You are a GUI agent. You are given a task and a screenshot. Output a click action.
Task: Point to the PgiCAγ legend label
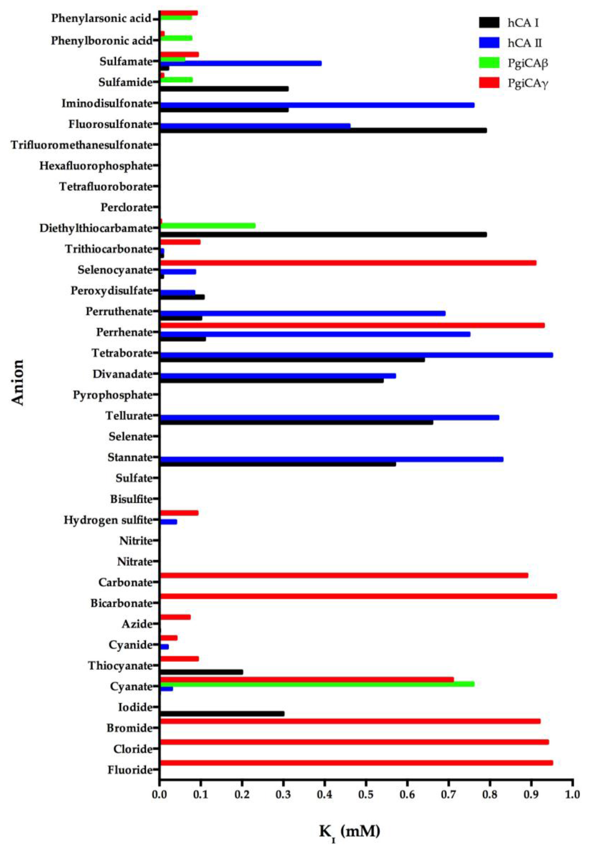528,83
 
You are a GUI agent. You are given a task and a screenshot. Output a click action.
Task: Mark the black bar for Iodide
222,713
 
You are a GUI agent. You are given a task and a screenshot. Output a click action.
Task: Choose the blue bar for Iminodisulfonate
317,105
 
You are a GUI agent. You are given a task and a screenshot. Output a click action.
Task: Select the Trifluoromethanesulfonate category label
81,145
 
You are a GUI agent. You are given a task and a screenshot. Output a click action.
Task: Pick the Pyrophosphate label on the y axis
112,395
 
